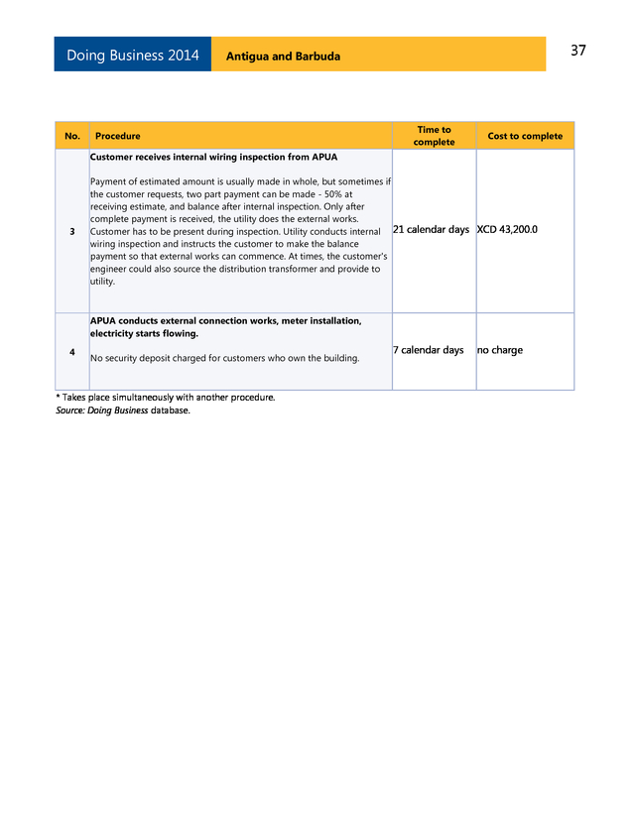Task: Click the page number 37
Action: click(577, 51)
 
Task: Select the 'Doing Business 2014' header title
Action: click(132, 56)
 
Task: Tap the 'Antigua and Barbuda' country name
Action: click(283, 57)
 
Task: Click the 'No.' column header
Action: click(72, 136)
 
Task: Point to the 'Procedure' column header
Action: click(117, 136)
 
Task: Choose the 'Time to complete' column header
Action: click(434, 136)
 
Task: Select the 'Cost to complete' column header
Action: click(525, 136)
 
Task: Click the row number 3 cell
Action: click(72, 231)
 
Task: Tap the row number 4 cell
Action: click(72, 351)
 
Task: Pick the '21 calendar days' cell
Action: click(431, 230)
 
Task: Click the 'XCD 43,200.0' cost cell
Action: click(507, 230)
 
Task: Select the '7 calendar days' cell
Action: click(428, 350)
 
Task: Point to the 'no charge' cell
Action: click(499, 350)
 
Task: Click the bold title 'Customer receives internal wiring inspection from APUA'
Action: click(213, 158)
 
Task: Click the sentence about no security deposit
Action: click(224, 357)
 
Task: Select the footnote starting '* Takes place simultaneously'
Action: click(165, 398)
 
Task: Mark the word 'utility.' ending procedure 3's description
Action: click(102, 282)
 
